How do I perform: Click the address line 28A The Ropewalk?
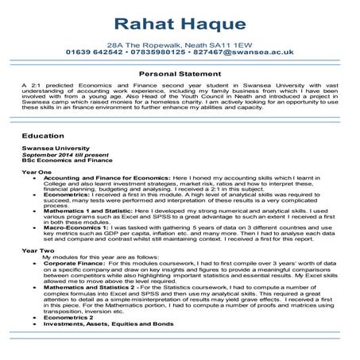(180, 47)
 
